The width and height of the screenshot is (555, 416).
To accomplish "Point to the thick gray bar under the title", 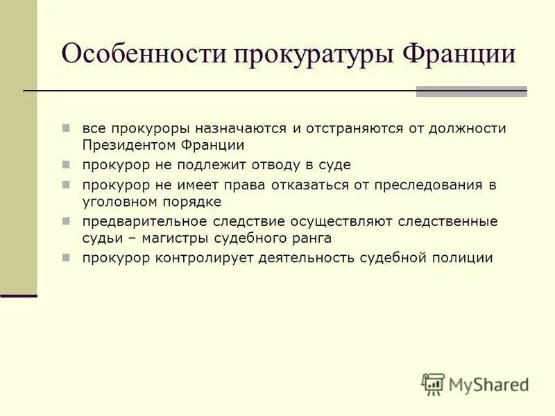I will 471,91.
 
